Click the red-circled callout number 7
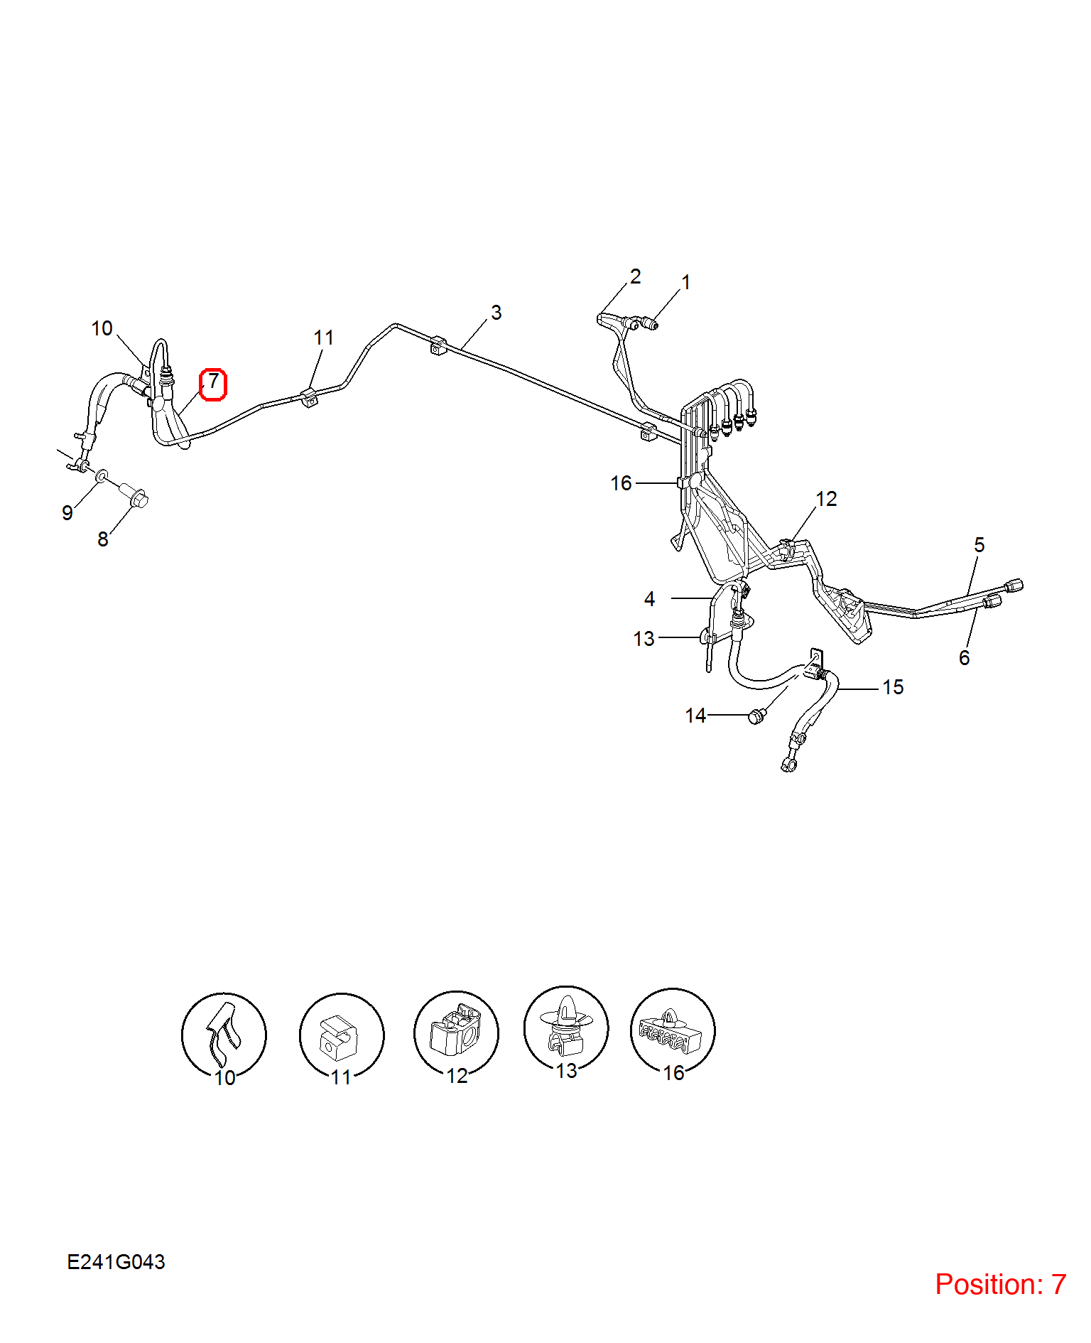pos(212,384)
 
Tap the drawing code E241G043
pos(116,1262)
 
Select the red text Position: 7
pos(1000,1284)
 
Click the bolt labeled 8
pos(134,493)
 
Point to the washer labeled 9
pos(102,474)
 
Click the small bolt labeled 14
pos(756,716)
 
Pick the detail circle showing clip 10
pos(224,1035)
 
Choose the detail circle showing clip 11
pos(342,1035)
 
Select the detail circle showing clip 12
pos(456,1033)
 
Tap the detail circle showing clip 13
pos(566,1028)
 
